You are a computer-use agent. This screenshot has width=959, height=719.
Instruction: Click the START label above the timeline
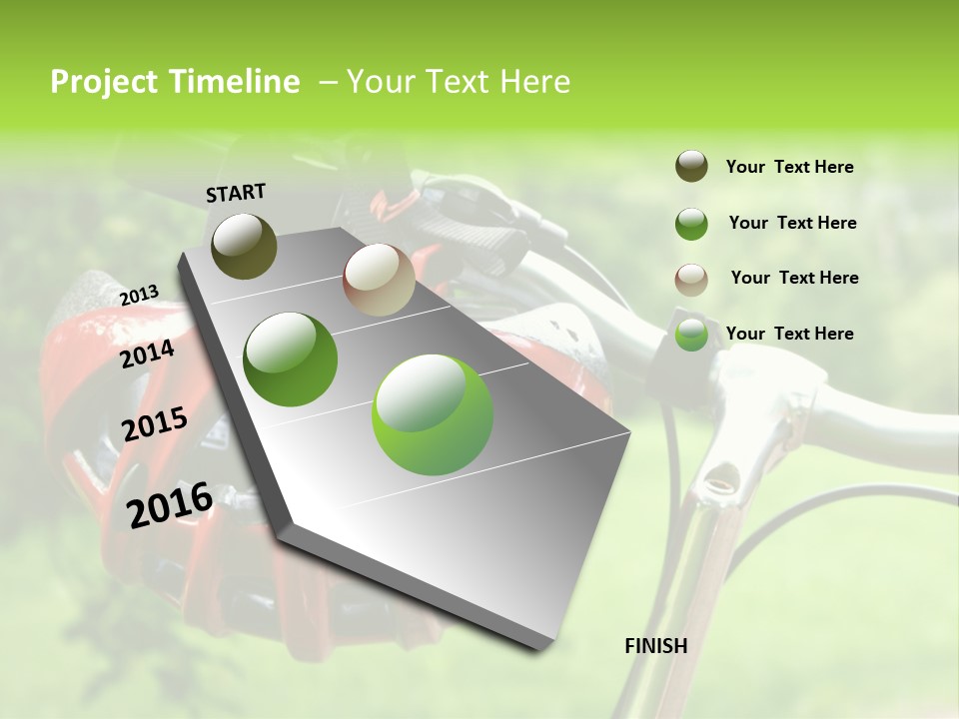pyautogui.click(x=236, y=193)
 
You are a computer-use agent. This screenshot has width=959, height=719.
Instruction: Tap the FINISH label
pyautogui.click(x=655, y=646)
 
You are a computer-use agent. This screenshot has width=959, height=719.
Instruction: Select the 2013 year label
pyautogui.click(x=140, y=296)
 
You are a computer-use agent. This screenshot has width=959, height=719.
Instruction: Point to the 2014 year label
pyautogui.click(x=148, y=354)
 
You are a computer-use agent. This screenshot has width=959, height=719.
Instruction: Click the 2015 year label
pyautogui.click(x=155, y=424)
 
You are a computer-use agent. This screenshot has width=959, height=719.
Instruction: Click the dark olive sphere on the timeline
pyautogui.click(x=244, y=246)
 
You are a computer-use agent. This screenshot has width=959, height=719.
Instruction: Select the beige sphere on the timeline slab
pyautogui.click(x=379, y=280)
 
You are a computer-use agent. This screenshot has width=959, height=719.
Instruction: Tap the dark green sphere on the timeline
pyautogui.click(x=290, y=359)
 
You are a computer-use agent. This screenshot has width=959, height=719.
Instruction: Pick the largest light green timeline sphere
pyautogui.click(x=433, y=414)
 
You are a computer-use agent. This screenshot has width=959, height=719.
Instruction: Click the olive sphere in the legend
pyautogui.click(x=691, y=167)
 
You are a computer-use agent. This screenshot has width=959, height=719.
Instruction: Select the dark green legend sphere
pyautogui.click(x=691, y=224)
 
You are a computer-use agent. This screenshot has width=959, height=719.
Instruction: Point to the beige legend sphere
pyautogui.click(x=691, y=279)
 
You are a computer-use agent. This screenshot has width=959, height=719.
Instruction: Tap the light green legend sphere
pyautogui.click(x=691, y=335)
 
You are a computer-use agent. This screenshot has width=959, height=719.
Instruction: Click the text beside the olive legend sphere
pyautogui.click(x=789, y=167)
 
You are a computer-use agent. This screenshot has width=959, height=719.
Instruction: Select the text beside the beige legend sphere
pyautogui.click(x=794, y=278)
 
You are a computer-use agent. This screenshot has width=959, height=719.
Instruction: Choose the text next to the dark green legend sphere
pyautogui.click(x=792, y=223)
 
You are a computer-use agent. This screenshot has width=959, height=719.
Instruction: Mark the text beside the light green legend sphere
pyautogui.click(x=789, y=334)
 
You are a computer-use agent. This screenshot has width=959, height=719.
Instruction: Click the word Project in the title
pyautogui.click(x=105, y=82)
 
